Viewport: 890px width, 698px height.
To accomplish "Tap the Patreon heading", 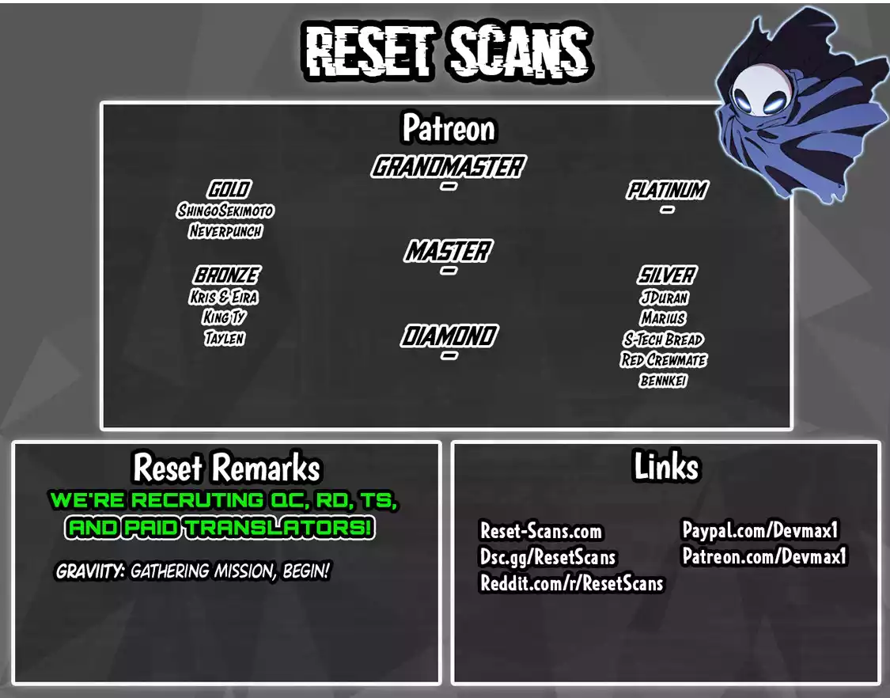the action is click(x=449, y=128).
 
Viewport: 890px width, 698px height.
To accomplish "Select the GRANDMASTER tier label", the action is click(x=449, y=166).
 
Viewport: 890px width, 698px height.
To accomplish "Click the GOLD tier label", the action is click(x=229, y=189).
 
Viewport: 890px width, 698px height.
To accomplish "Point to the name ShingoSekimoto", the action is click(x=225, y=211).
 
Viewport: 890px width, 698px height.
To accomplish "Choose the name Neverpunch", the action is click(x=225, y=231).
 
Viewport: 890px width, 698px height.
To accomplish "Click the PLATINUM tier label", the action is click(x=668, y=190).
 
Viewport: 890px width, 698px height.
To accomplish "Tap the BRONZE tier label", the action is click(x=226, y=275).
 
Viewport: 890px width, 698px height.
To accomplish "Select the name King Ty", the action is click(x=224, y=317).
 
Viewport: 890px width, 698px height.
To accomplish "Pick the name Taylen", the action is click(x=225, y=338).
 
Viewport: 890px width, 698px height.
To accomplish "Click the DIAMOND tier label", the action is click(x=449, y=336).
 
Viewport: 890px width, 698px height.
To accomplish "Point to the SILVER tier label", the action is click(x=666, y=275).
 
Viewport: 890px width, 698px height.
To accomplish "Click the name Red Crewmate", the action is click(x=664, y=360).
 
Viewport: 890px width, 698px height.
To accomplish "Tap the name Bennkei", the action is click(x=663, y=381).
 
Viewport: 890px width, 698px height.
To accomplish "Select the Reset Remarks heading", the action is click(x=226, y=468).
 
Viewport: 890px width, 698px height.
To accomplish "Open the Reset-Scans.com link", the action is click(x=541, y=531).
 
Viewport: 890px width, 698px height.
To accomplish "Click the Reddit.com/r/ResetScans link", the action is click(x=571, y=583).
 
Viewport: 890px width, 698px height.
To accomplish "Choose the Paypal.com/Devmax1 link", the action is click(x=760, y=530).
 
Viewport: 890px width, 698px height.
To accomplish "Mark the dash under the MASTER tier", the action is click(x=449, y=271).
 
